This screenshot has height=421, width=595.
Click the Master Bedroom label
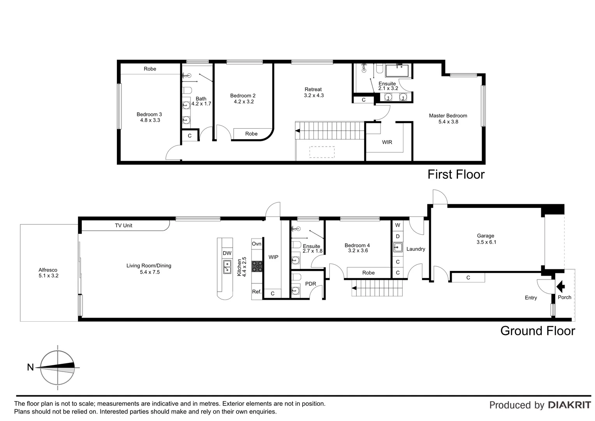(448, 116)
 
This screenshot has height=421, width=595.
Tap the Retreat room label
(313, 89)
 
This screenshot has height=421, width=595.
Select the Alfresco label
(48, 270)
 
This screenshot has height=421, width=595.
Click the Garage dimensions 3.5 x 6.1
(486, 242)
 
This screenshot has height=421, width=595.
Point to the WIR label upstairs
(387, 142)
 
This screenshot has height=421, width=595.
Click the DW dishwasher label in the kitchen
(227, 253)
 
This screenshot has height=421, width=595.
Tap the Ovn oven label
(257, 244)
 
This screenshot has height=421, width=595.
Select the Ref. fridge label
(257, 292)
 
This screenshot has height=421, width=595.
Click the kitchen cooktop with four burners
(257, 266)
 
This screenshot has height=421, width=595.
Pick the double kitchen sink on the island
(227, 267)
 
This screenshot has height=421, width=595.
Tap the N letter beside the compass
(30, 367)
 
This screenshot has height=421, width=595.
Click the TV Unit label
(123, 226)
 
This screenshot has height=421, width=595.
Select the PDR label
(310, 284)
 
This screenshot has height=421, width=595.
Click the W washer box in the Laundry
(398, 225)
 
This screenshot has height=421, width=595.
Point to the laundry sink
(398, 247)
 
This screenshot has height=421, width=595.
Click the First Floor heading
(456, 174)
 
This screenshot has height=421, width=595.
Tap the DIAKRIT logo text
(569, 405)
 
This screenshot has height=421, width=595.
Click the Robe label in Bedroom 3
(150, 69)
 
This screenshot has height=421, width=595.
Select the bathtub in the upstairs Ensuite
(397, 71)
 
